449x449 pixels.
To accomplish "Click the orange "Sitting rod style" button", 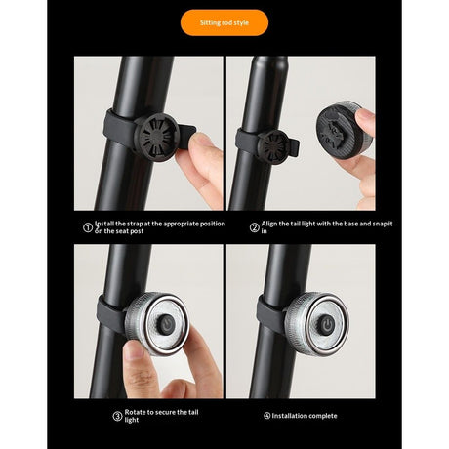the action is point(224,22).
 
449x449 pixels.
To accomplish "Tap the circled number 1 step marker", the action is point(88,227).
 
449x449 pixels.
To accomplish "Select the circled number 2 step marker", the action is point(254,227).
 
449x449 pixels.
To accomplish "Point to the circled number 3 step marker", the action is point(117,416).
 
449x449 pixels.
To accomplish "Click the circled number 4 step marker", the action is point(267,416).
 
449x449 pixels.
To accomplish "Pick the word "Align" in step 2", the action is point(269,224).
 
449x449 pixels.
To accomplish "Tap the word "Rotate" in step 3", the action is point(136,412).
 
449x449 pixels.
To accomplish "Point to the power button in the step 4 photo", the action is point(326,324).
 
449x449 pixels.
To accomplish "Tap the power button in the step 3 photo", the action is point(166,324).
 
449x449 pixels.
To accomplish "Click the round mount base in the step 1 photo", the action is point(156,137).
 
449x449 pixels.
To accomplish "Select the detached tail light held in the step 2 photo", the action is point(340,130).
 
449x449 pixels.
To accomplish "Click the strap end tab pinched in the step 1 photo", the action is point(187,134).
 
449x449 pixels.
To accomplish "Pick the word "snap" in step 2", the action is point(380,224).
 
